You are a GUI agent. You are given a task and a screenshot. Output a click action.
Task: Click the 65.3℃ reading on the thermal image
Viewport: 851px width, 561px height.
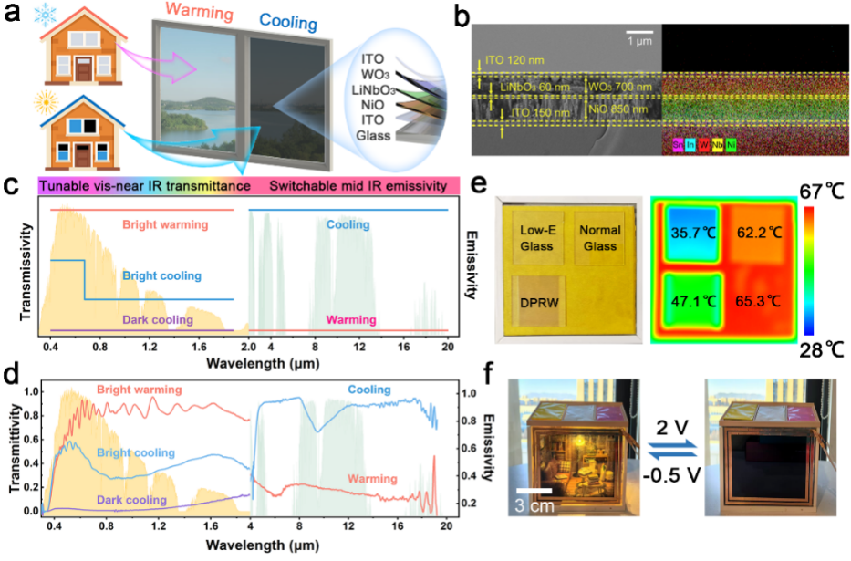766,299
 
